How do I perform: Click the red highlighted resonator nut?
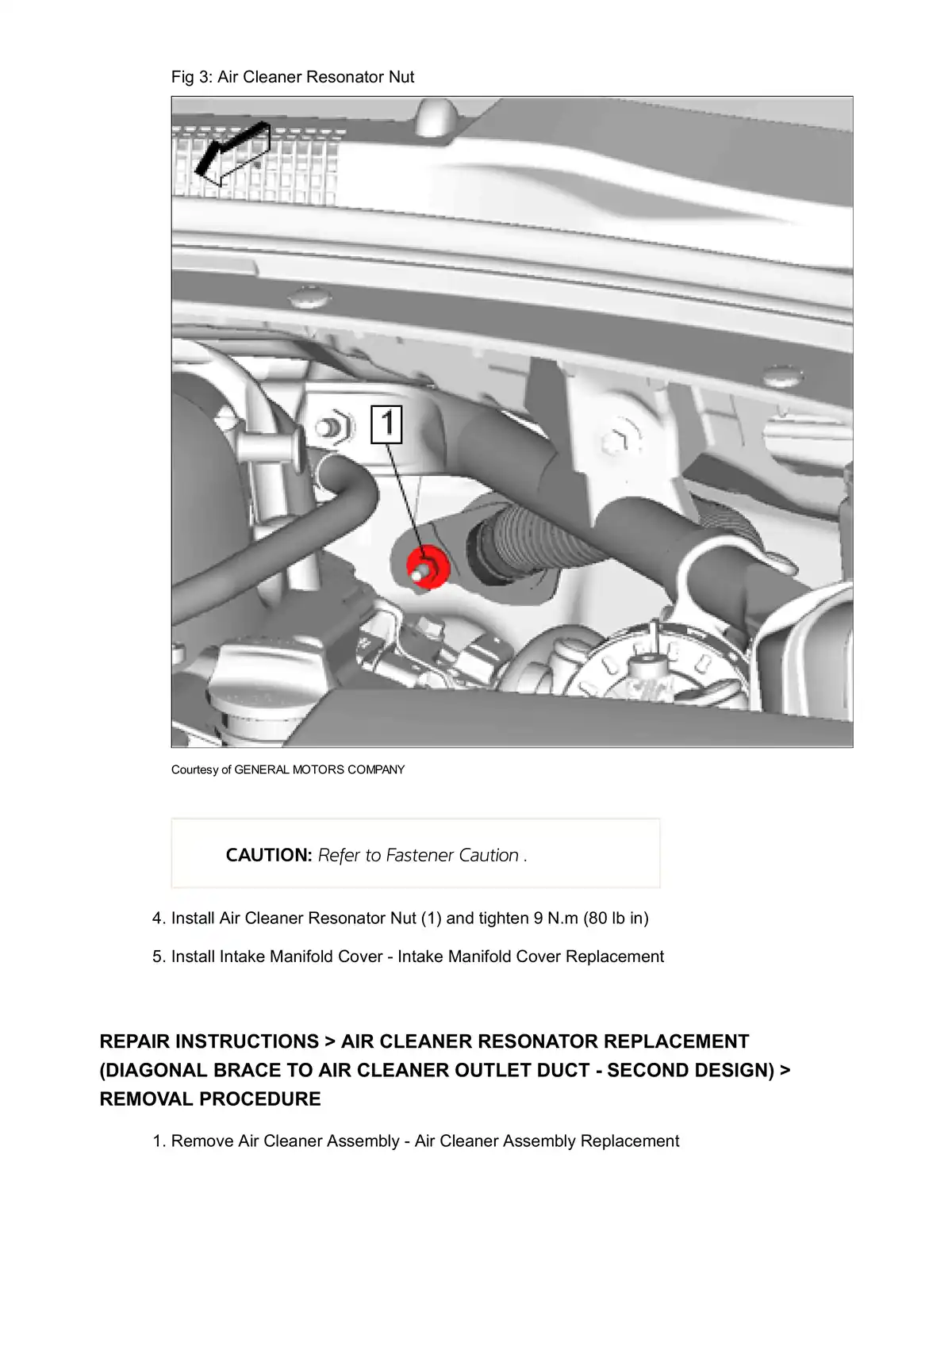[x=428, y=567]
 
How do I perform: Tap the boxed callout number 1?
[x=387, y=424]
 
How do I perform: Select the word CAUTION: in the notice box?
[x=268, y=855]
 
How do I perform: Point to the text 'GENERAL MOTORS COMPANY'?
[x=319, y=769]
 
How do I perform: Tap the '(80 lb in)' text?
[x=616, y=918]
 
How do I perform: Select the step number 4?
[x=158, y=918]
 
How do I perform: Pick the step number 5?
[x=158, y=957]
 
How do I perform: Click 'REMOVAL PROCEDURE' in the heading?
[x=210, y=1099]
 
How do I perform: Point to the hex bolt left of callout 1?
[x=332, y=428]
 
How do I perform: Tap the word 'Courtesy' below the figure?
[x=194, y=769]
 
